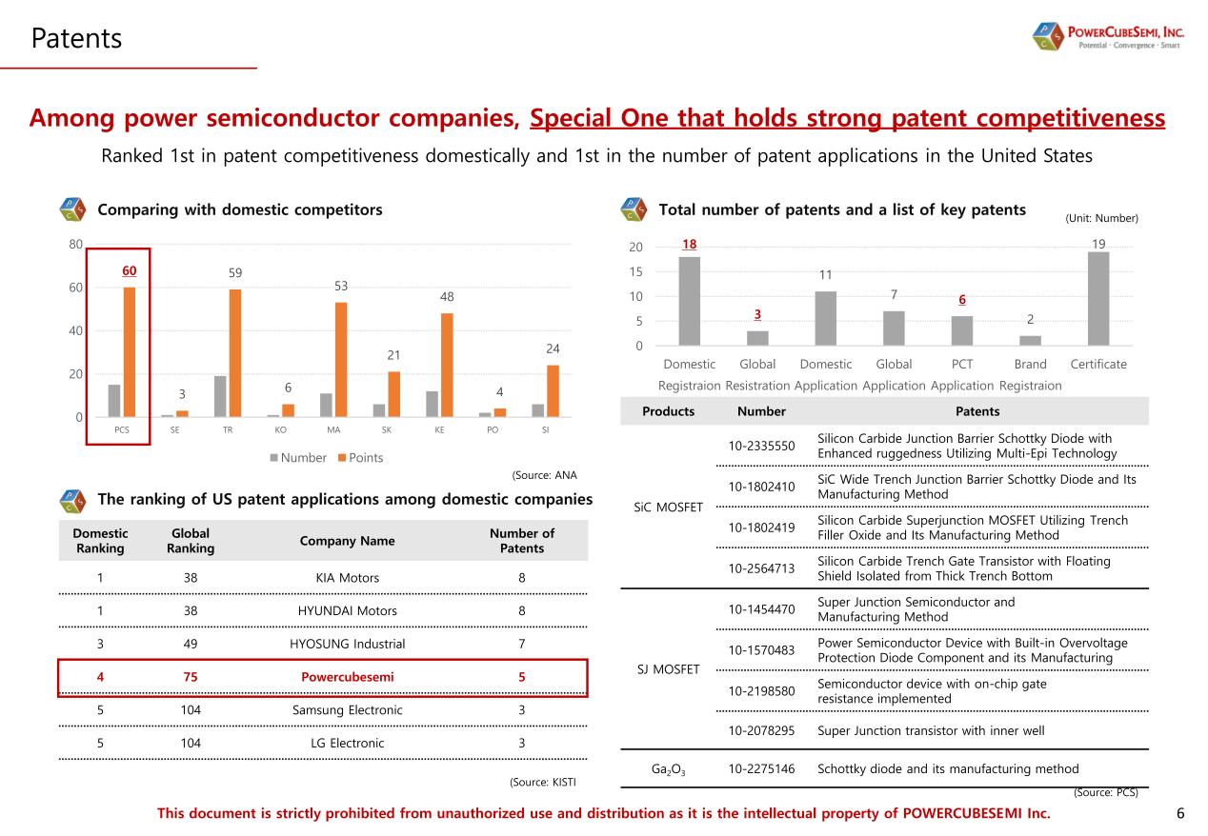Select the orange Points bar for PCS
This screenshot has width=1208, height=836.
[130, 351]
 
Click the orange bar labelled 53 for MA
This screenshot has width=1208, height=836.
[341, 359]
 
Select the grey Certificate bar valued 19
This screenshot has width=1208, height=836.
[1098, 298]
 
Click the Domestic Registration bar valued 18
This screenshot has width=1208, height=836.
[690, 301]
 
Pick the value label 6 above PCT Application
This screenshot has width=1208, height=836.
[962, 300]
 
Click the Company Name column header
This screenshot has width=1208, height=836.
[347, 541]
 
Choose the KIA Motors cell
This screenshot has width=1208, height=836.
[347, 578]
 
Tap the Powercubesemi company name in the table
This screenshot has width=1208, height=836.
[347, 677]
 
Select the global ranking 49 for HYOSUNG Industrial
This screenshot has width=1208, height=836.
[191, 644]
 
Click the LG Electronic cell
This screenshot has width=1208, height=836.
[347, 743]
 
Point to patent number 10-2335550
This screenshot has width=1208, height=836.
[761, 445]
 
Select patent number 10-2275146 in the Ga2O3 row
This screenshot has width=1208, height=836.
[761, 768]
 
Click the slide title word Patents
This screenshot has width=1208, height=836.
[76, 38]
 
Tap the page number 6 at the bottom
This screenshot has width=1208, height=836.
[1180, 813]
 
